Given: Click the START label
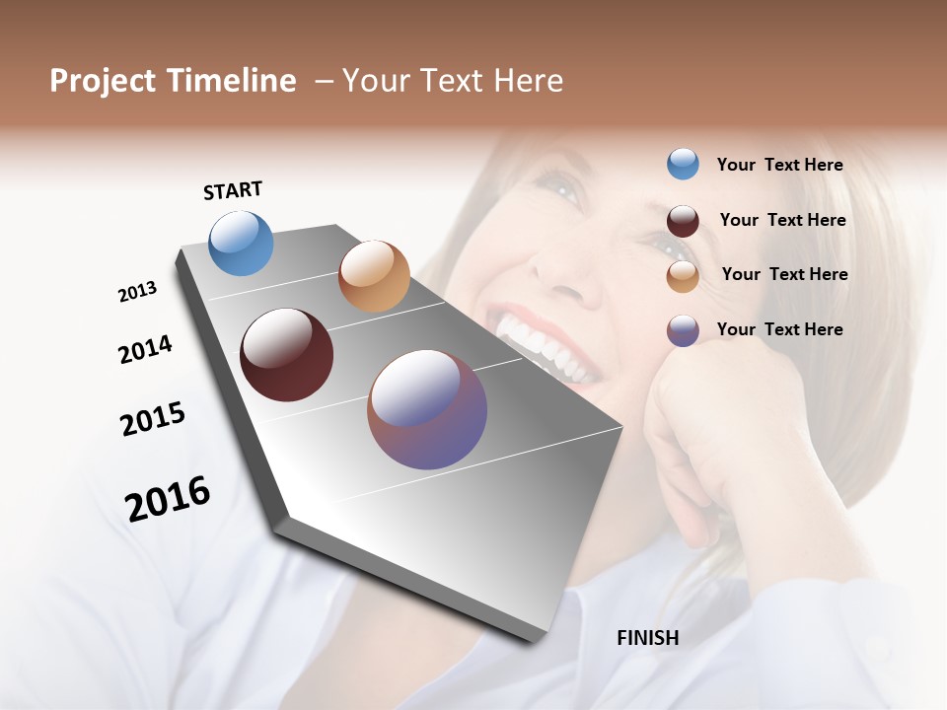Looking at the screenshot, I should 233,190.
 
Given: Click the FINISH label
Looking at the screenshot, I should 647,638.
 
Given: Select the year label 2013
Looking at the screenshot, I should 137,292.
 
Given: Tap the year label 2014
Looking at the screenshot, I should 145,349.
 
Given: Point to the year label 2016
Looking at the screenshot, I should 168,499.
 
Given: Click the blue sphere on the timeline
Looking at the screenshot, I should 241,243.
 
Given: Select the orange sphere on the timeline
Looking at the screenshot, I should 374,276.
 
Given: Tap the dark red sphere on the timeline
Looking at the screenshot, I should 286,355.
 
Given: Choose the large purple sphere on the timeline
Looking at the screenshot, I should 427,409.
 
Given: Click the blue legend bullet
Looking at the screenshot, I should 683,164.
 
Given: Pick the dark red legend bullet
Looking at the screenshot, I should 683,221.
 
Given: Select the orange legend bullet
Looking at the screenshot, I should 683,276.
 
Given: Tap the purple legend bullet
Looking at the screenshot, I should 683,330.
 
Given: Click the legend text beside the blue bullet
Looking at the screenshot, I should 779,165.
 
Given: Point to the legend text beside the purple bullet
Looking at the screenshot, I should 779,329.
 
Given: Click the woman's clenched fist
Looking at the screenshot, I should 710,414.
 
